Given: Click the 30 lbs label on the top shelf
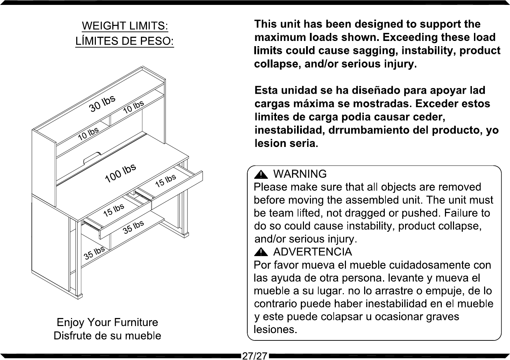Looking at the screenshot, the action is pyautogui.click(x=102, y=104).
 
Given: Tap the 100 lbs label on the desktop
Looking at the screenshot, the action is pyautogui.click(x=120, y=173).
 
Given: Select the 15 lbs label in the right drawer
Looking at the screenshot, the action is pyautogui.click(x=165, y=181).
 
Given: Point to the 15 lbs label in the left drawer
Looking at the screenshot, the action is pyautogui.click(x=114, y=210).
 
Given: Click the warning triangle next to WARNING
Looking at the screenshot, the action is pyautogui.click(x=261, y=175).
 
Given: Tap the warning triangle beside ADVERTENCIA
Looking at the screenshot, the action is pyautogui.click(x=261, y=252).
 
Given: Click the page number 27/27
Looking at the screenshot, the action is pyautogui.click(x=255, y=356).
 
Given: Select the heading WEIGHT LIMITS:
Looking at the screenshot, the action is pyautogui.click(x=125, y=26).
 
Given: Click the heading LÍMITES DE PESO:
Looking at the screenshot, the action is pyautogui.click(x=125, y=41).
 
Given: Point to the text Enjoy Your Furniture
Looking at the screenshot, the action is pyautogui.click(x=107, y=322).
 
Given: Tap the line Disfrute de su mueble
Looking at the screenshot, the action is pyautogui.click(x=107, y=336).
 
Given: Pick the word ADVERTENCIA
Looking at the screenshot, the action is pyautogui.click(x=312, y=252).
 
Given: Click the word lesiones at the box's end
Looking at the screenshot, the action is pyautogui.click(x=276, y=330).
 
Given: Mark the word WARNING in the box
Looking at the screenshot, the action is pyautogui.click(x=300, y=174).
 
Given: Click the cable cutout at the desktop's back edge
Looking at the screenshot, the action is pyautogui.click(x=92, y=157).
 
